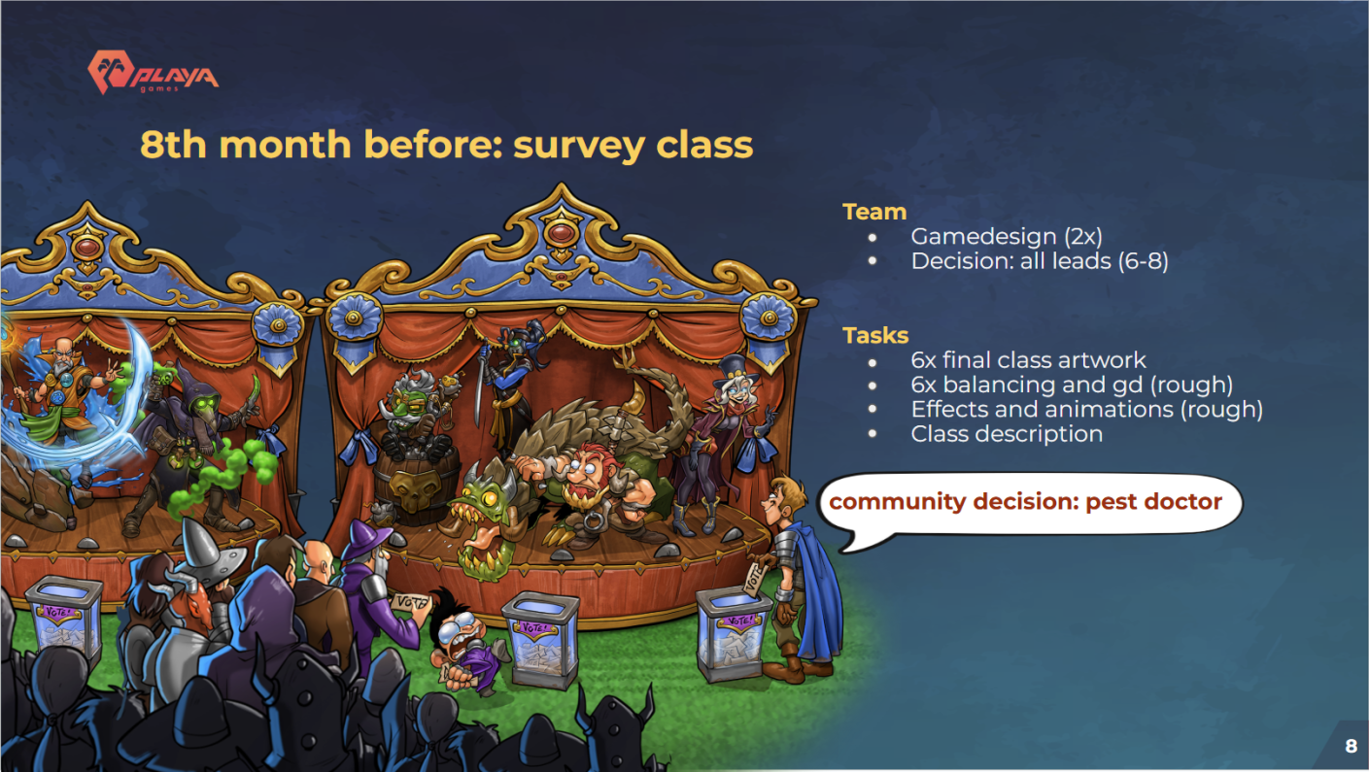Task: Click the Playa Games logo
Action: click(x=153, y=72)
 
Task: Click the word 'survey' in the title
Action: click(x=578, y=146)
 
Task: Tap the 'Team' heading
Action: click(x=874, y=212)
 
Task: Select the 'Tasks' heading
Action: click(x=875, y=335)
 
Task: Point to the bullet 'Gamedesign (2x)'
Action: click(x=1006, y=237)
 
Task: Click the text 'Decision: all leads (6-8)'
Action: click(x=1040, y=261)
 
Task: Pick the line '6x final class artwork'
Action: click(x=1028, y=360)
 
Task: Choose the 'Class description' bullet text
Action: click(x=1007, y=434)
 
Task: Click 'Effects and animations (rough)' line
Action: click(x=1086, y=410)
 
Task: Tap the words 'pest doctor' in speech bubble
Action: click(x=1153, y=502)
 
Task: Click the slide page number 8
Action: click(x=1351, y=746)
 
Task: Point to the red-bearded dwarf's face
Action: click(x=586, y=473)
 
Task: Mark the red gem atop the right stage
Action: click(x=561, y=233)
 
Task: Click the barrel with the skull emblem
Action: click(x=416, y=485)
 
